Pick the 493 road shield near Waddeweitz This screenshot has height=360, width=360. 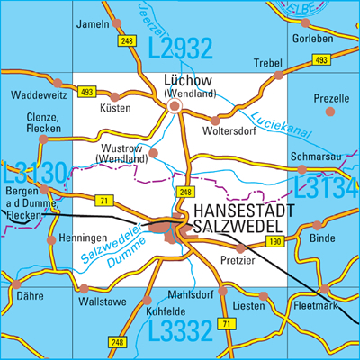85,92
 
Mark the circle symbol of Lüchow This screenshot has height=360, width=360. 176,106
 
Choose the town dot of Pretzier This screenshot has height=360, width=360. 239,247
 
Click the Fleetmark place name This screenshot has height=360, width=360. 315,307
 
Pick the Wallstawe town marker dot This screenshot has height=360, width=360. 85,290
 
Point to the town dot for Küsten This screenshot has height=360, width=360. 115,95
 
